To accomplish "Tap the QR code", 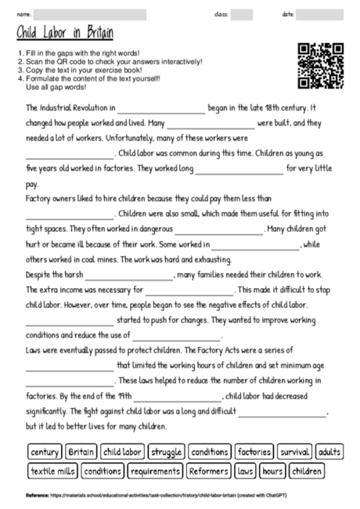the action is pyautogui.click(x=322, y=64).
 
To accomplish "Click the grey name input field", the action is pyautogui.click(x=90, y=14).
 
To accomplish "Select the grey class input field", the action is pyautogui.click(x=242, y=14).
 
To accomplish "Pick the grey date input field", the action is pyautogui.click(x=319, y=14).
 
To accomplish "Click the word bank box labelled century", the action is pyautogui.click(x=45, y=452).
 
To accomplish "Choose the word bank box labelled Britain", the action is pyautogui.click(x=81, y=452).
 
